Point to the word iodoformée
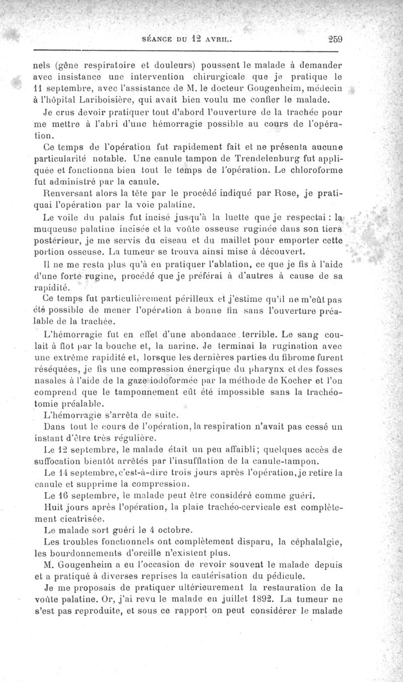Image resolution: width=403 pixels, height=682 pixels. [x=158, y=381]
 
